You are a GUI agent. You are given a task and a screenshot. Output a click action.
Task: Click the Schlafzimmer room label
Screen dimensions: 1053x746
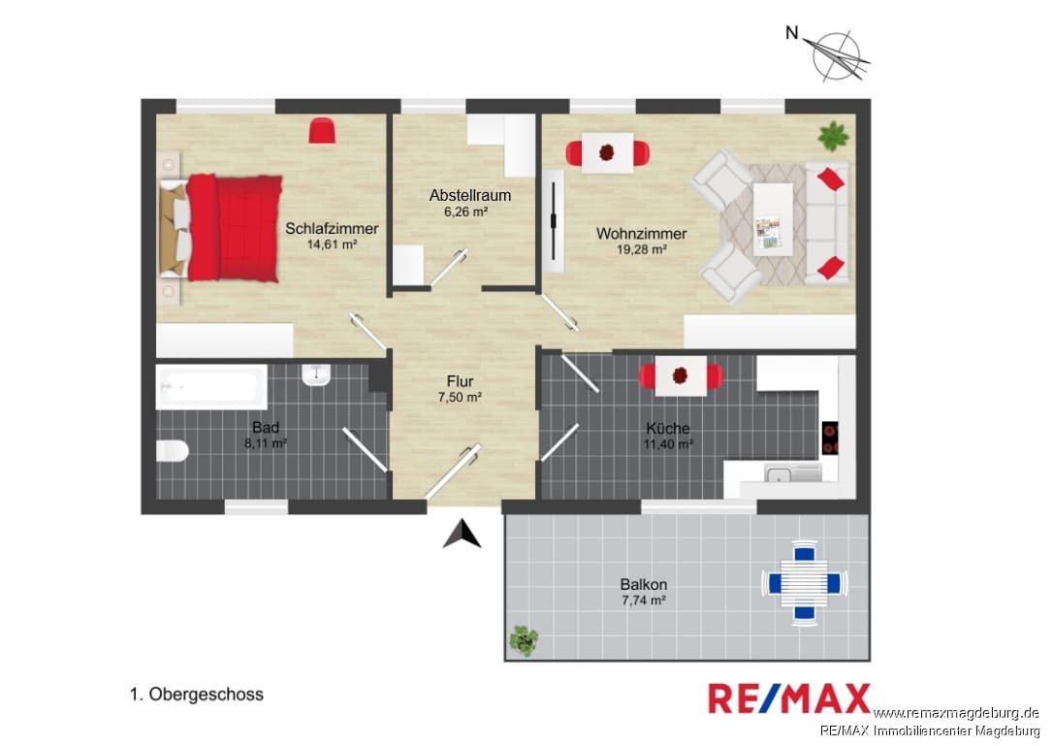[x=332, y=229]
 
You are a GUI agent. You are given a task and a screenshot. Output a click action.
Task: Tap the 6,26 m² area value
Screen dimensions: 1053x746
[x=465, y=211]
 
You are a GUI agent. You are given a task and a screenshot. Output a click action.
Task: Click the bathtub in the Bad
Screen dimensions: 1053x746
[x=210, y=386]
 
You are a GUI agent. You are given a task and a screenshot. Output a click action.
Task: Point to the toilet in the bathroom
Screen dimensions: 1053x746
[x=172, y=450]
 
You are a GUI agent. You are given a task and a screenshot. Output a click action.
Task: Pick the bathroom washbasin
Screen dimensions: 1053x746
[x=316, y=374]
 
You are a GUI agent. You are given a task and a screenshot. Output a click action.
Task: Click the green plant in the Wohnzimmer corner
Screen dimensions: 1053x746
[x=833, y=136]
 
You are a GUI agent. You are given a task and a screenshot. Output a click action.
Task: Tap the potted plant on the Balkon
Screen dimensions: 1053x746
[x=524, y=640]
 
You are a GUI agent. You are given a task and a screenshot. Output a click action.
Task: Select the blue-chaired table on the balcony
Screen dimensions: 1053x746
[x=804, y=583]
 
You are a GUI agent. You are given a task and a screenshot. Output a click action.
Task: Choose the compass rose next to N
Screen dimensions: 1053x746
[x=837, y=56]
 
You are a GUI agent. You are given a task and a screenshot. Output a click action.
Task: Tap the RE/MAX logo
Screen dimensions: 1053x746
[x=789, y=698]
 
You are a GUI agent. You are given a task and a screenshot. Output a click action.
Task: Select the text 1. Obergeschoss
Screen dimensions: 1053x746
[x=196, y=695]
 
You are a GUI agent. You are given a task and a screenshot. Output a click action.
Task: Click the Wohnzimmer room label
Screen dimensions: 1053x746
[x=641, y=234]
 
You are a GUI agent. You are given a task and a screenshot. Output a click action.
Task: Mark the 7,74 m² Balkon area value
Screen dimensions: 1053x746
[x=644, y=600]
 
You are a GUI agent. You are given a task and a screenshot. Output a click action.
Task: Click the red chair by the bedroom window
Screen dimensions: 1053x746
[x=322, y=130]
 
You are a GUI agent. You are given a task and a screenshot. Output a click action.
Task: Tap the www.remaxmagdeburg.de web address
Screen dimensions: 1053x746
[x=956, y=713]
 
